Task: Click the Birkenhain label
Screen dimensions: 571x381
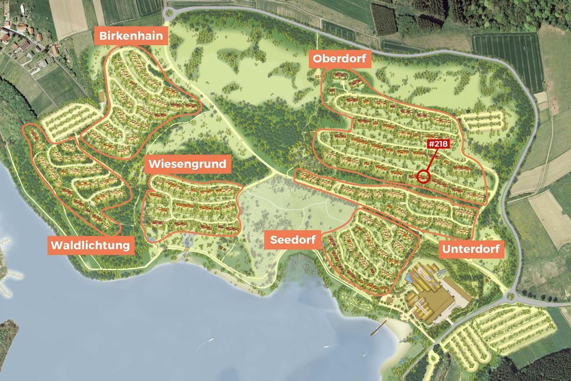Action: (x=131, y=37)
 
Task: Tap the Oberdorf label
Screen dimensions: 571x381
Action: (x=340, y=59)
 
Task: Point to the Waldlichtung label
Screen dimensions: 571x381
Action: (x=90, y=246)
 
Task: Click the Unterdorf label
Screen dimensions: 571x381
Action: (x=471, y=249)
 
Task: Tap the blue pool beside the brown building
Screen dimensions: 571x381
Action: (x=411, y=277)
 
